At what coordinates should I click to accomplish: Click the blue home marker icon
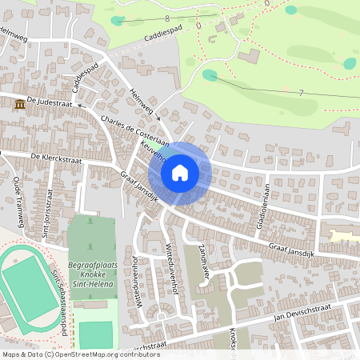pyautogui.click(x=180, y=173)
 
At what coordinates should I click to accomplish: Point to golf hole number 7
pyautogui.click(x=300, y=94)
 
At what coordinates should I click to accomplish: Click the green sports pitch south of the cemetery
pyautogui.click(x=96, y=334)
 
